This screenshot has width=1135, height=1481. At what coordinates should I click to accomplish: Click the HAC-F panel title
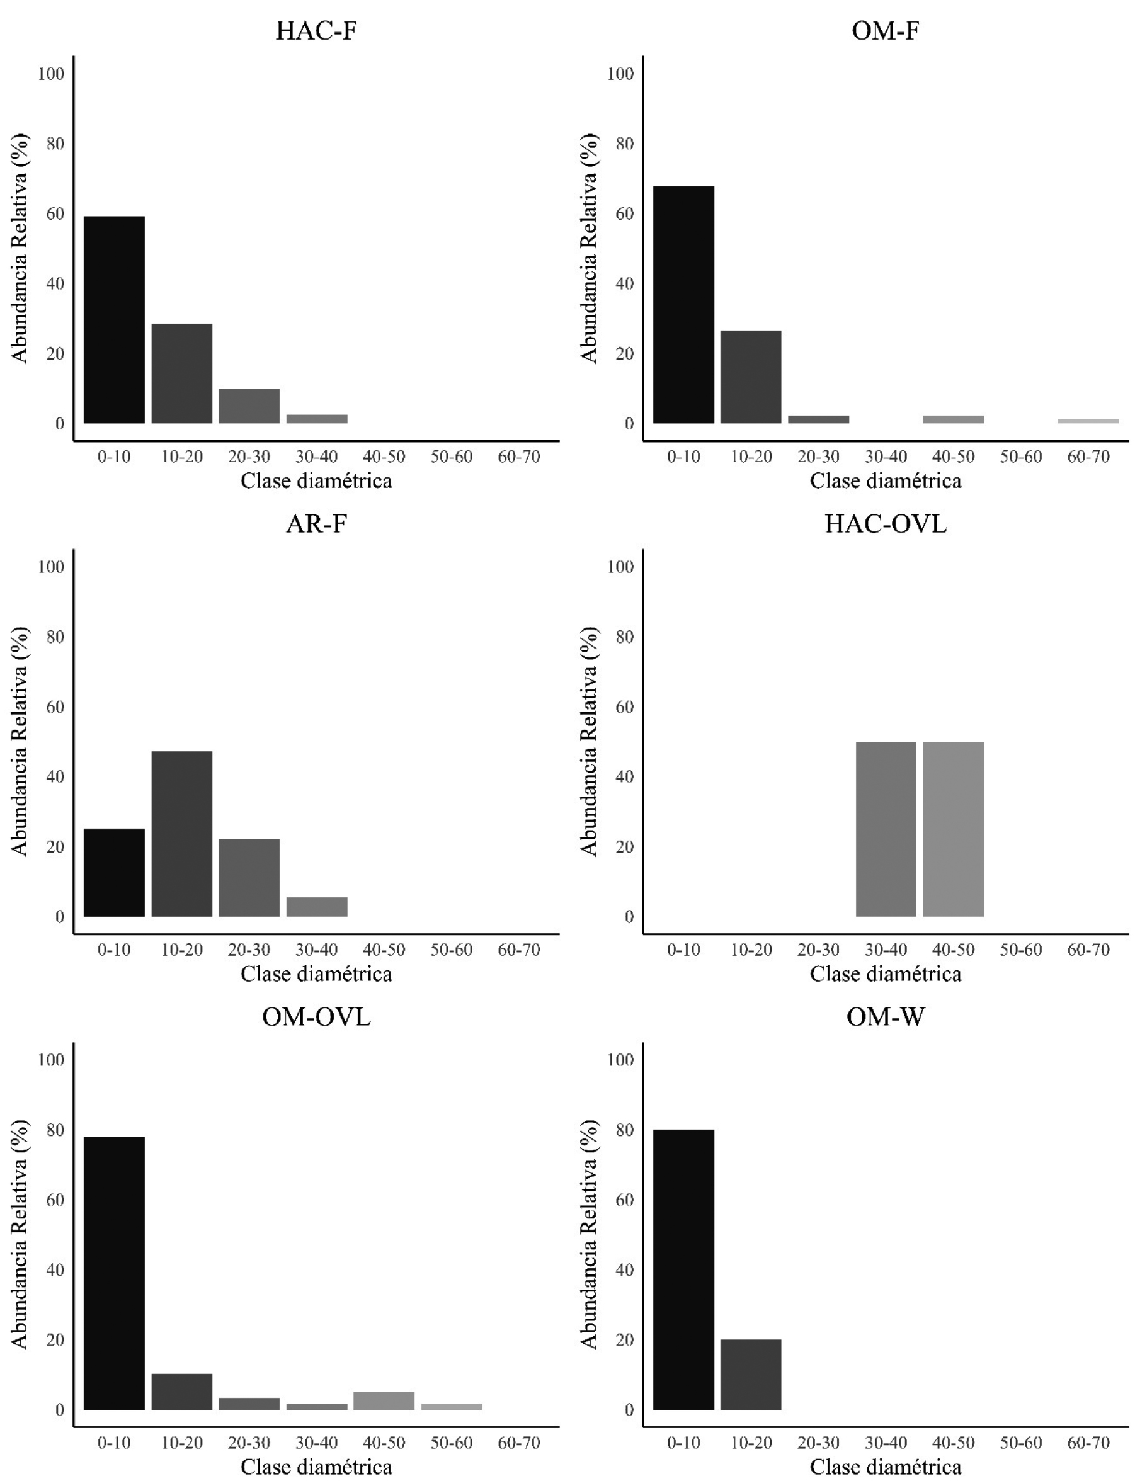(316, 31)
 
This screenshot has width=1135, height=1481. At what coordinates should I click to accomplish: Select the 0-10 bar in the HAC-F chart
(114, 319)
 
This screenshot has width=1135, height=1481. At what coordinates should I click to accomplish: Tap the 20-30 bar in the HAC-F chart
(249, 406)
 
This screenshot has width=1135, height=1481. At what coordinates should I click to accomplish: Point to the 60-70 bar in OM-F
(1088, 421)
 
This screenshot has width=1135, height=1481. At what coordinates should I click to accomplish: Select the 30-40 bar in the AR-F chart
(316, 906)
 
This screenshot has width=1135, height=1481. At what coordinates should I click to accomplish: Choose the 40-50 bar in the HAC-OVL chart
(952, 829)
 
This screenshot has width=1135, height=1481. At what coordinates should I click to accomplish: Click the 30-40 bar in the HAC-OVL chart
(886, 829)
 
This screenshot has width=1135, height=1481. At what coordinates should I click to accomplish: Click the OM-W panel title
(885, 1017)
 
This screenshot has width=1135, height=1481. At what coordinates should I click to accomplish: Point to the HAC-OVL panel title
(885, 524)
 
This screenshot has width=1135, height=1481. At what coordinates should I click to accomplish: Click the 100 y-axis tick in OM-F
(620, 74)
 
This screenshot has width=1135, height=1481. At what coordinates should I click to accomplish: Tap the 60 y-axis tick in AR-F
(55, 706)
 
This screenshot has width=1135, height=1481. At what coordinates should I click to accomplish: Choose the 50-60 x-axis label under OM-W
(1020, 1443)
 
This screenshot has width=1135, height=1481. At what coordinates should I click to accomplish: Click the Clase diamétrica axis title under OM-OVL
(316, 1467)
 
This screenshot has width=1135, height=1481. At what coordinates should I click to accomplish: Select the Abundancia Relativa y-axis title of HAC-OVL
(589, 742)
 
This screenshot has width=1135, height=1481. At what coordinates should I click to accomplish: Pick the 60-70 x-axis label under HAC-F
(519, 457)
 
